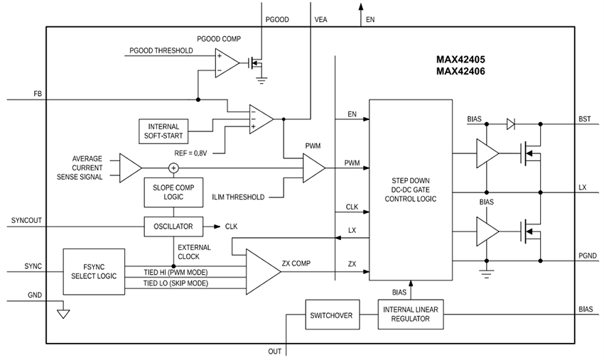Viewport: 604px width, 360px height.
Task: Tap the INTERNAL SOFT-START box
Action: click(x=163, y=131)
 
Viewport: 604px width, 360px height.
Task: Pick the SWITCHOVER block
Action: click(x=330, y=315)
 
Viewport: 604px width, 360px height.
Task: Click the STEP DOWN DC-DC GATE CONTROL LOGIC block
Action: click(x=410, y=190)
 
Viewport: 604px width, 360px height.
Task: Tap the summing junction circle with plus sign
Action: click(x=173, y=168)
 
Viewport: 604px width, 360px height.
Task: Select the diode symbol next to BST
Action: click(x=511, y=123)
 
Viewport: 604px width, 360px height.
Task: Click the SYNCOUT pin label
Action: click(x=27, y=221)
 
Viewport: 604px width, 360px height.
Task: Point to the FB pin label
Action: click(x=38, y=94)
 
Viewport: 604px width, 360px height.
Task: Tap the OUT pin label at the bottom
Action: click(x=274, y=351)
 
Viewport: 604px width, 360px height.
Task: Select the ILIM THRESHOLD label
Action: click(x=239, y=197)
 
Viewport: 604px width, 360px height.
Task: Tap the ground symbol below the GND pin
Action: click(x=63, y=312)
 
